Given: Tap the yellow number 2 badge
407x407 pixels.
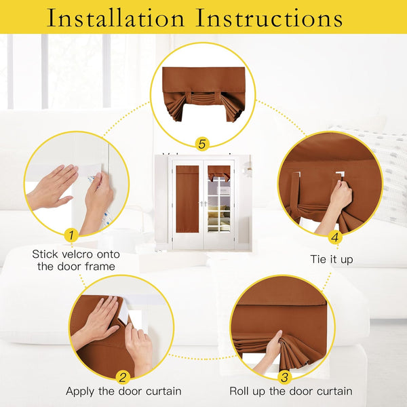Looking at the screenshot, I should [123, 377].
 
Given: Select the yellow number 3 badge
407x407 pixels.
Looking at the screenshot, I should [284, 377].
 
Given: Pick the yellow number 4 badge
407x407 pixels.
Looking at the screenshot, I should [334, 237].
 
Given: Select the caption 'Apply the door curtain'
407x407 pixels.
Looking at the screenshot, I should [123, 391].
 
